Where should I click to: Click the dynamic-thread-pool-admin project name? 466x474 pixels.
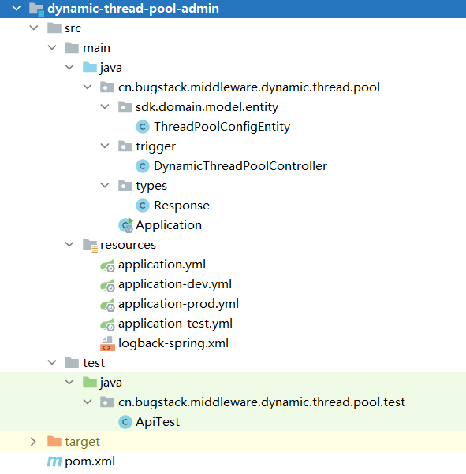[133, 9]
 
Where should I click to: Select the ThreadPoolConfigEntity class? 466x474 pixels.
[222, 127]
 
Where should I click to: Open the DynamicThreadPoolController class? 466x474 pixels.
[240, 166]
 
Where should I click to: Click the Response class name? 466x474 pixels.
[181, 206]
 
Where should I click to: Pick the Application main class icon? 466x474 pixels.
[125, 225]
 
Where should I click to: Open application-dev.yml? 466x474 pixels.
[175, 284]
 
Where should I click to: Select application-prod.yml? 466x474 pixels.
[178, 304]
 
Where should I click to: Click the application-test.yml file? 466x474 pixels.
[175, 324]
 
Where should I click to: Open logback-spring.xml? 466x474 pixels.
[173, 343]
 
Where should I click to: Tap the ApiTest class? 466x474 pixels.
[158, 422]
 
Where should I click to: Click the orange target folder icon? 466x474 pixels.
[54, 442]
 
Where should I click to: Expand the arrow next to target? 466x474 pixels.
[33, 442]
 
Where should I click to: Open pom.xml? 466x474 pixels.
[90, 461]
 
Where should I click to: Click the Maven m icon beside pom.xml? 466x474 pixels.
[54, 461]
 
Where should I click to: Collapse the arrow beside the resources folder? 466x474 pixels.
[69, 245]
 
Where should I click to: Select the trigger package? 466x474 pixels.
[155, 146]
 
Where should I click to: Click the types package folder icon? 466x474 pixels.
[125, 186]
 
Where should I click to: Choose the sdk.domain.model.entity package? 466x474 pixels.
[207, 107]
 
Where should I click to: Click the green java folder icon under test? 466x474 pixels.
[90, 383]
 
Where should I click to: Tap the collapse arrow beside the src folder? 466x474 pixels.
[34, 28]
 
